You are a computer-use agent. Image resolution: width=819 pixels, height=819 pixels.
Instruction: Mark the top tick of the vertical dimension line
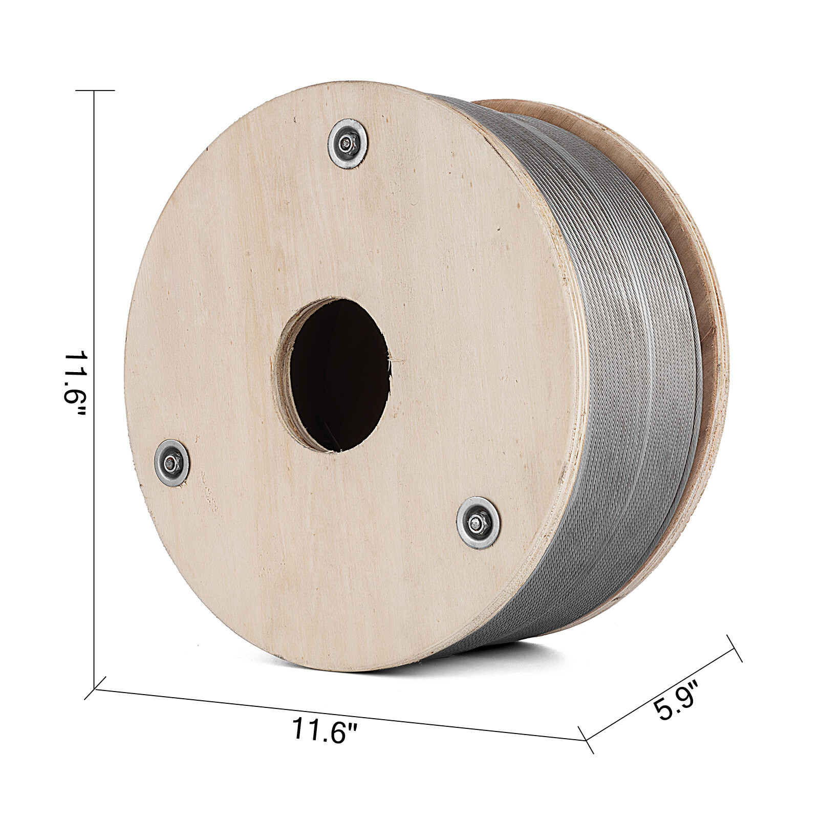click(x=95, y=91)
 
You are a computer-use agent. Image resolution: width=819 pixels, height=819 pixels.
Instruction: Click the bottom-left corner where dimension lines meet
click(x=95, y=688)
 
